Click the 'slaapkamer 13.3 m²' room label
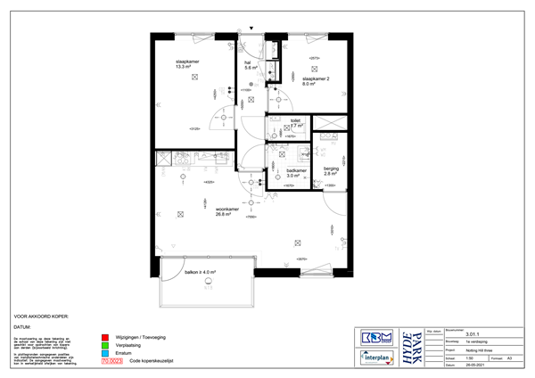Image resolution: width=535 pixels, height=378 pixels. click(x=188, y=63)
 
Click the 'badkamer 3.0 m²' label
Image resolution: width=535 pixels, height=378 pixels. click(x=296, y=173)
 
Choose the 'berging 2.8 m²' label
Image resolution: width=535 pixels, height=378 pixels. click(x=331, y=171)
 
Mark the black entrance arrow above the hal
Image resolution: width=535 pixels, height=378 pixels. click(x=251, y=29)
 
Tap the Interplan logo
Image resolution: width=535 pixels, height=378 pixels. click(x=374, y=357)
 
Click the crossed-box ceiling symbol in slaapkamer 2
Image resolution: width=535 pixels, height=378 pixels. click(x=314, y=69)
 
